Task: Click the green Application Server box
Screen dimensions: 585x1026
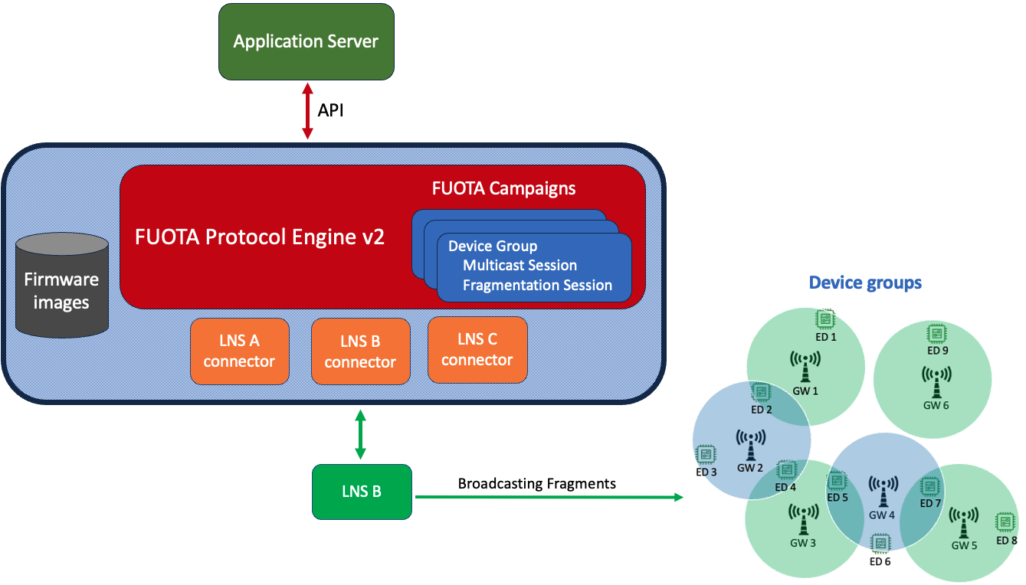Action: (x=306, y=41)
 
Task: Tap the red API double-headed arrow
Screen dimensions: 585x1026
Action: (x=307, y=111)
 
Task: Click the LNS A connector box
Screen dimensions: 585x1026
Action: (x=239, y=351)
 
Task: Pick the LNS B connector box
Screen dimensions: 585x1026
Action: (x=360, y=351)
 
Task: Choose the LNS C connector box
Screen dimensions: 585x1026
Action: (x=477, y=349)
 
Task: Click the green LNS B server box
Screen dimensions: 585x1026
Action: (x=361, y=492)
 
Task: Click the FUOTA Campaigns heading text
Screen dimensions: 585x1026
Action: (x=503, y=188)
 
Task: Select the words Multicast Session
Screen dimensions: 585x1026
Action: (x=520, y=266)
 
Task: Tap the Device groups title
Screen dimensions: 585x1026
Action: (x=865, y=283)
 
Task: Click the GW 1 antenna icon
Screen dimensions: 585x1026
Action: (x=805, y=366)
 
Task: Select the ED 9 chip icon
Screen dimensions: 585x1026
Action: (x=936, y=333)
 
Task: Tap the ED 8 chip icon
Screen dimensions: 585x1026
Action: (x=1003, y=522)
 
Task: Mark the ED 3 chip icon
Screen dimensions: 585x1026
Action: (x=706, y=454)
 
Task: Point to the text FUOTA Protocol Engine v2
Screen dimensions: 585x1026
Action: (x=260, y=237)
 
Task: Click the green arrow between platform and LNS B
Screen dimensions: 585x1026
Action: (x=360, y=435)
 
